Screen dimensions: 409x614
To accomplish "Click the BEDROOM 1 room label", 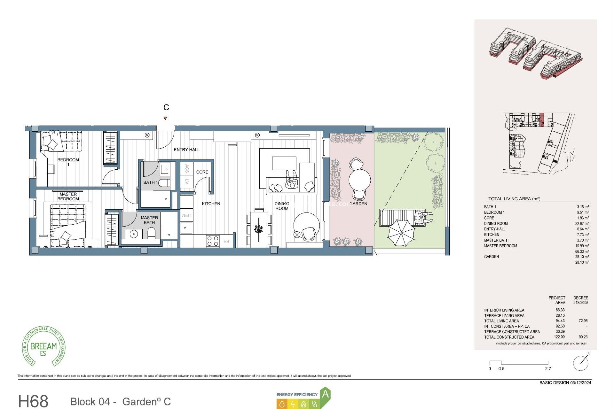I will (x=68, y=162).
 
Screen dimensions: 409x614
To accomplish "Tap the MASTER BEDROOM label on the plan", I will (x=68, y=196).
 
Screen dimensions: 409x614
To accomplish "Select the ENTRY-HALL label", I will (x=186, y=150).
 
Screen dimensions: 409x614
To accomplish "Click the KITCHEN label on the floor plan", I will (x=211, y=204).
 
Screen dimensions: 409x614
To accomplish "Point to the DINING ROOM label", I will (x=282, y=206).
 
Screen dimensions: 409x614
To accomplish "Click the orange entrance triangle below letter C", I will (x=165, y=118).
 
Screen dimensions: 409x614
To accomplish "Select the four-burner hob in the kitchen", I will (x=213, y=241).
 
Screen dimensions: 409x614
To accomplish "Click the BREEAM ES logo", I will (x=43, y=347).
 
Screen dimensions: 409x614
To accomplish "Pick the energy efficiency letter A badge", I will (x=325, y=394).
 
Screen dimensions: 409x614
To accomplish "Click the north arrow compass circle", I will (x=581, y=363).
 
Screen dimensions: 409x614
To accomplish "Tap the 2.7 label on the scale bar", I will (x=548, y=368).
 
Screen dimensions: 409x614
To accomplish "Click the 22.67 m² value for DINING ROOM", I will (x=582, y=223).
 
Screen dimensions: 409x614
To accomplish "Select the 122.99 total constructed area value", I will (x=559, y=337).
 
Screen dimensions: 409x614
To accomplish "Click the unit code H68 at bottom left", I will (x=33, y=401).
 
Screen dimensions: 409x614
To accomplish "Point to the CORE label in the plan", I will (x=202, y=172).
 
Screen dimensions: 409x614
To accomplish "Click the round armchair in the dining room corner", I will (x=306, y=226).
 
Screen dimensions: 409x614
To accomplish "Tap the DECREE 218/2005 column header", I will (x=580, y=300).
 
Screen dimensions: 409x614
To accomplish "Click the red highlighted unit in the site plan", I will (x=542, y=120).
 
